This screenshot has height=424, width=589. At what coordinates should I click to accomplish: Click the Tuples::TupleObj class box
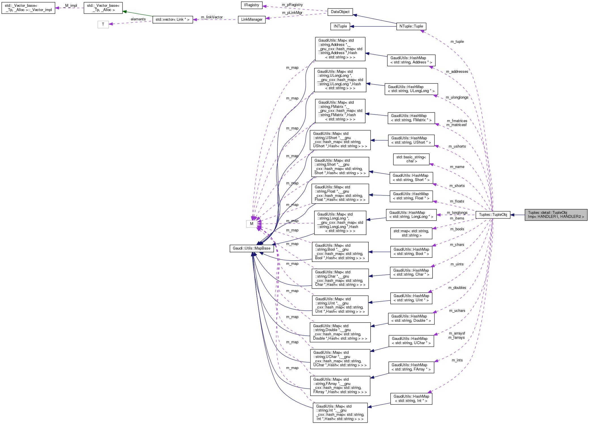pos(493,214)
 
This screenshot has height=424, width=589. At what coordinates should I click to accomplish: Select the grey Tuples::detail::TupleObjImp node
pos(556,215)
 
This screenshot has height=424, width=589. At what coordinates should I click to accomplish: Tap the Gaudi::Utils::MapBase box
pos(252,248)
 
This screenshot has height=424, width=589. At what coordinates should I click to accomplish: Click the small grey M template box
pos(252,224)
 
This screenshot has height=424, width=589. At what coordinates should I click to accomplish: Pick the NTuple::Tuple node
pos(411,26)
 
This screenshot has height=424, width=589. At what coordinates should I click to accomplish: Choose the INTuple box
pos(340,26)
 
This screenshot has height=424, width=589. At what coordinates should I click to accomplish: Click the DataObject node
pos(340,12)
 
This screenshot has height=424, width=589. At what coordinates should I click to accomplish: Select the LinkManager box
pos(252,20)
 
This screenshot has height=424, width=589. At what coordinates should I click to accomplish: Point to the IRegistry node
pos(252,5)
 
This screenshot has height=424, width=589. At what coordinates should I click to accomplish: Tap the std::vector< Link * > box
pos(172,20)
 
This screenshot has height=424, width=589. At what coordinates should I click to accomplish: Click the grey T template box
pos(103,24)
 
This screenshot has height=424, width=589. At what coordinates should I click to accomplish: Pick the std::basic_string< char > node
pos(411,159)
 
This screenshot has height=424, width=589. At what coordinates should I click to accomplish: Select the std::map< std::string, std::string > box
pos(411,233)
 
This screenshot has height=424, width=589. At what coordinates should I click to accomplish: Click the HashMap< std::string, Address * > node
pos(411,60)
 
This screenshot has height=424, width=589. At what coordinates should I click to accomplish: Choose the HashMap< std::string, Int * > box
pos(411,399)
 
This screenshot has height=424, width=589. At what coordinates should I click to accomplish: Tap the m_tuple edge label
pos(457,42)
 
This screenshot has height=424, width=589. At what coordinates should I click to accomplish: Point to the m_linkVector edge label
pos(212,17)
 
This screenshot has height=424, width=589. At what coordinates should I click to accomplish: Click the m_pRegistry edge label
pos(292,5)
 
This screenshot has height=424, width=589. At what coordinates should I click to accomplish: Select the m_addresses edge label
pos(457,72)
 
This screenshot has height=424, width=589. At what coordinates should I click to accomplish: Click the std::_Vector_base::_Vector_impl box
pos(28,8)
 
